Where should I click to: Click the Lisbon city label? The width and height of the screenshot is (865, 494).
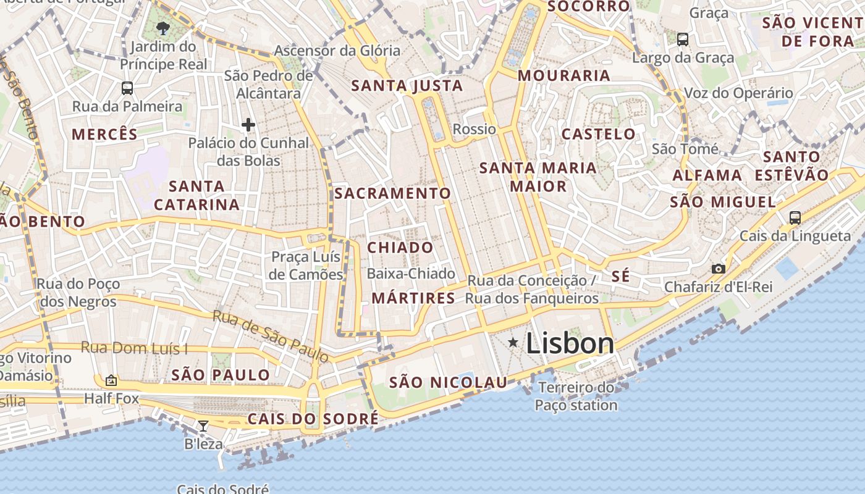[570, 344]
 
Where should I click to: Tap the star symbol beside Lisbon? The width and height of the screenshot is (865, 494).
[513, 342]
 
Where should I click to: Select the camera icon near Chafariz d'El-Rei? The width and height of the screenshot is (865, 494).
[718, 269]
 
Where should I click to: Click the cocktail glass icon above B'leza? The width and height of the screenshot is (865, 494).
[203, 425]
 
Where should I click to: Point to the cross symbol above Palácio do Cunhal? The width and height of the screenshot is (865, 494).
[248, 125]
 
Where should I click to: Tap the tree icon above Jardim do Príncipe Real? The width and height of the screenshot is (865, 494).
[163, 28]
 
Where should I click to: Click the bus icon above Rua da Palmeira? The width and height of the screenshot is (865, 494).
[127, 88]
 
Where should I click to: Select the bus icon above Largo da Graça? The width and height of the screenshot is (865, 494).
[683, 40]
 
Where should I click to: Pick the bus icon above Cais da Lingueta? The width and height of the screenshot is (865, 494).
[795, 217]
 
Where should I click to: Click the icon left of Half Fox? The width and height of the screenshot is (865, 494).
[111, 380]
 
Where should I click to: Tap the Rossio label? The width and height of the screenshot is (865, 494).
[475, 129]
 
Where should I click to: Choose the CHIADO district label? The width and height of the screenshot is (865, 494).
[400, 248]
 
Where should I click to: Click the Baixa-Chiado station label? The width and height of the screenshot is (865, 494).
[411, 274]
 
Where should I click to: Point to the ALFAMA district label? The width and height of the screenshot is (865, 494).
[707, 175]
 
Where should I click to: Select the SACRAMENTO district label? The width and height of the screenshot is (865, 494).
[393, 193]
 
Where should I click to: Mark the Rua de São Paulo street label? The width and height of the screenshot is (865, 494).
[271, 336]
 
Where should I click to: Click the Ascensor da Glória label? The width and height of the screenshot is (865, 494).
[337, 51]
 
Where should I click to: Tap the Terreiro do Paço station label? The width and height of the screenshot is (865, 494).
[576, 396]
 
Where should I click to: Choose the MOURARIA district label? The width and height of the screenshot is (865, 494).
[564, 76]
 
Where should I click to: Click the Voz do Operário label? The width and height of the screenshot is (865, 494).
[738, 93]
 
